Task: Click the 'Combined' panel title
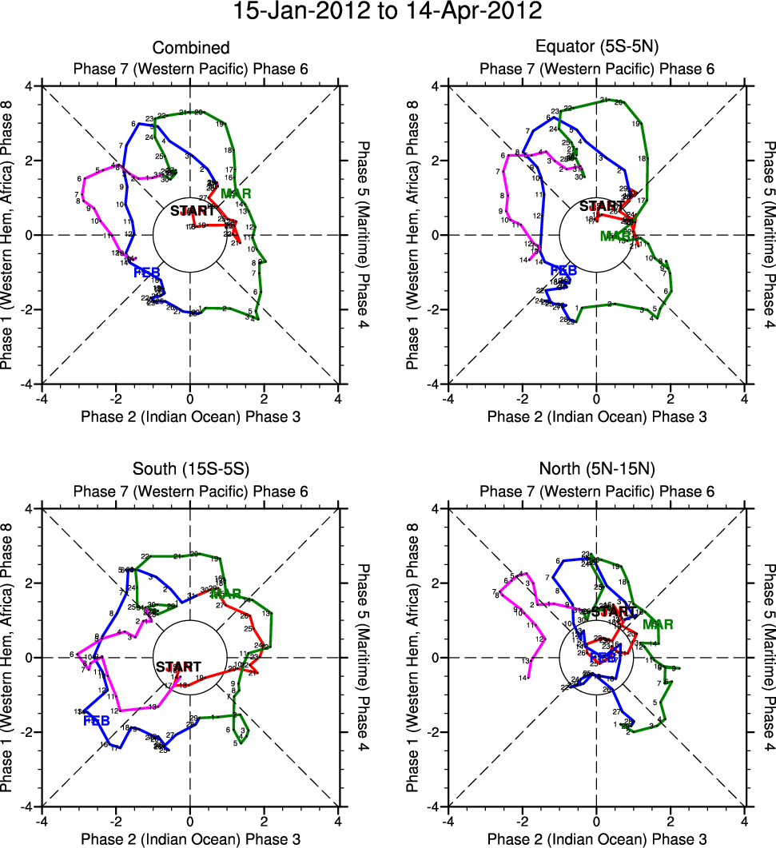(190, 48)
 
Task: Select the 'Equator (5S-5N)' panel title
(597, 48)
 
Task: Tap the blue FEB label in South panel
(96, 721)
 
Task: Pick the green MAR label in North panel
(658, 624)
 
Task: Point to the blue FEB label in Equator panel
(563, 271)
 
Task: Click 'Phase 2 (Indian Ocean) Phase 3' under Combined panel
(190, 416)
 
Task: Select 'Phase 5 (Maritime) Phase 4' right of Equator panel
(768, 235)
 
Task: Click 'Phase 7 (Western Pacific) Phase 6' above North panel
(597, 492)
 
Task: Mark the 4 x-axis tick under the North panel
(745, 820)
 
